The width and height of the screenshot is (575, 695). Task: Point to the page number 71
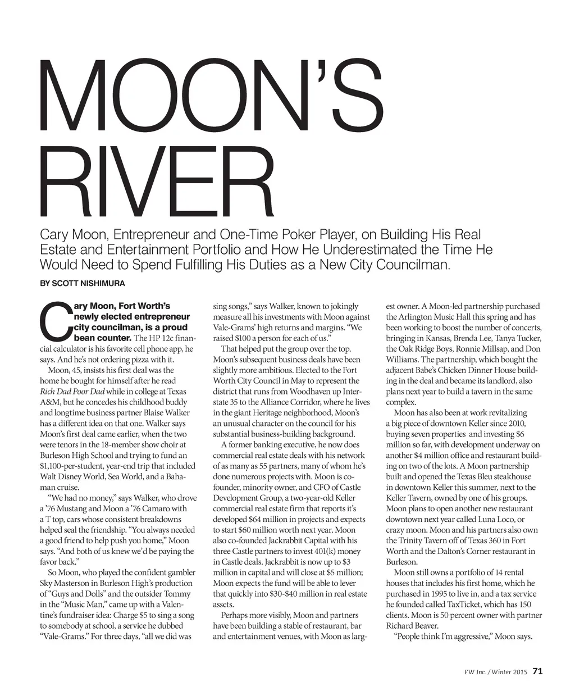click(537, 671)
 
